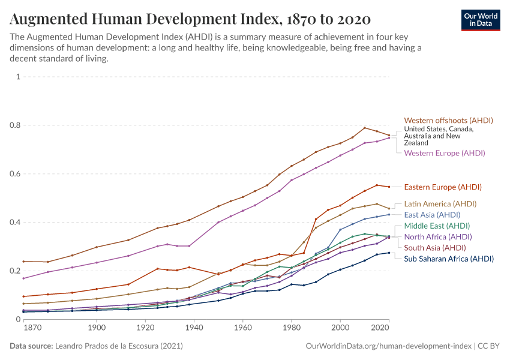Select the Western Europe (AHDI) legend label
pos(445,153)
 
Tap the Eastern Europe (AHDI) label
pos(443,187)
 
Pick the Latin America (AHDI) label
pos(440,204)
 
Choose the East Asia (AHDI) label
pos(432,215)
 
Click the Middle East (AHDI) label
pos(437,226)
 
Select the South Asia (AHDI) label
pos(435,248)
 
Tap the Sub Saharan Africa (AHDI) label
pos(449,259)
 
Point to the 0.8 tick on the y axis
pos(16,125)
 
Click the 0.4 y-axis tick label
pos(16,223)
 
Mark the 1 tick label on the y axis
pos(19,77)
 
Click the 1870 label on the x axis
pos(32,328)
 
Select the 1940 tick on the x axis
pos(194,328)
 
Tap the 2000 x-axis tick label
pos(340,328)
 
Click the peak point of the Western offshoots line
pos(365,128)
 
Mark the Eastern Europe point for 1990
pos(316,219)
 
